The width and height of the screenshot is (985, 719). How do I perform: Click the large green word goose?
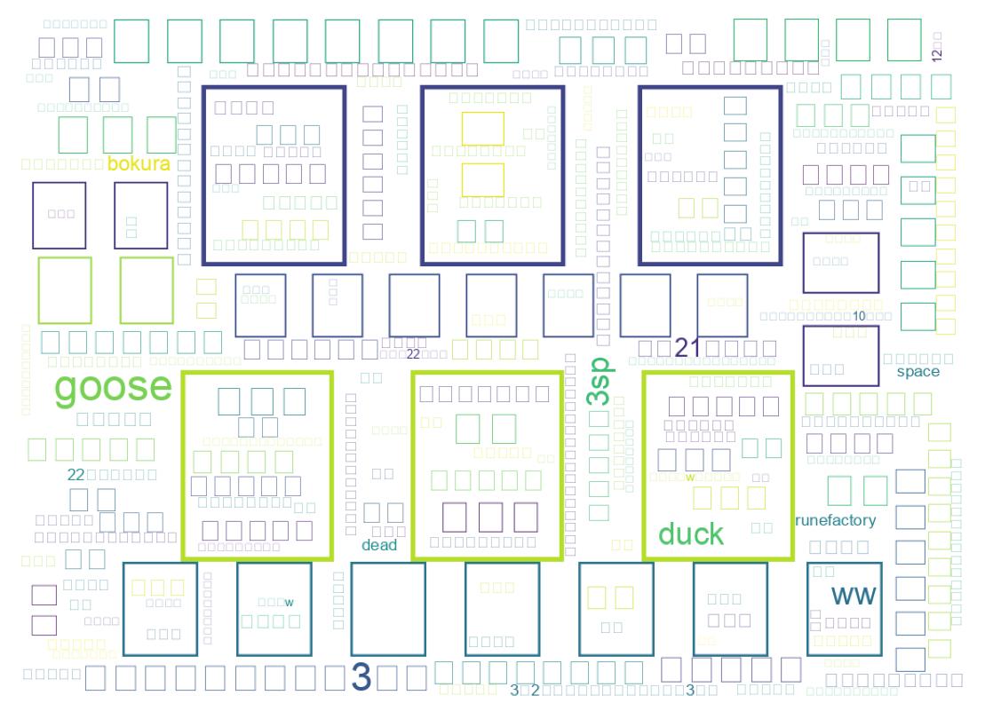113,388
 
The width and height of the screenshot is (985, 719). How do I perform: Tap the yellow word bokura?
138,164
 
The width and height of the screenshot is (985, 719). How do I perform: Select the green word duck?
691,534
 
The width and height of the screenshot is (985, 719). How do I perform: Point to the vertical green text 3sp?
601,381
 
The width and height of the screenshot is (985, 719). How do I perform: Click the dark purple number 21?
688,348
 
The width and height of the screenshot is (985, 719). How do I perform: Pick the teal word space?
917,372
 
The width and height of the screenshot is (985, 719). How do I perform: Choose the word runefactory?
835,521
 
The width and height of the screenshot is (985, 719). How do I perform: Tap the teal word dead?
379,545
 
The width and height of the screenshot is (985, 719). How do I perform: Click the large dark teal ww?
853,595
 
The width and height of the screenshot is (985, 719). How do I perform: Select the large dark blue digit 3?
361,676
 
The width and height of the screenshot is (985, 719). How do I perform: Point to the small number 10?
859,316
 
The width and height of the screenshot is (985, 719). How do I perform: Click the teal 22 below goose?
75,475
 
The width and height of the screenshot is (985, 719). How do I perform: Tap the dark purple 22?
413,354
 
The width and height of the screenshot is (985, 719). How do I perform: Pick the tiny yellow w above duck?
689,478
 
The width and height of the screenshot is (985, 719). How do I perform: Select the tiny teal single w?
289,604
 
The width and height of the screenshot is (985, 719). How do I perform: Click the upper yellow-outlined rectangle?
483,129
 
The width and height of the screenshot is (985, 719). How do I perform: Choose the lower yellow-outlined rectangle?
483,179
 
